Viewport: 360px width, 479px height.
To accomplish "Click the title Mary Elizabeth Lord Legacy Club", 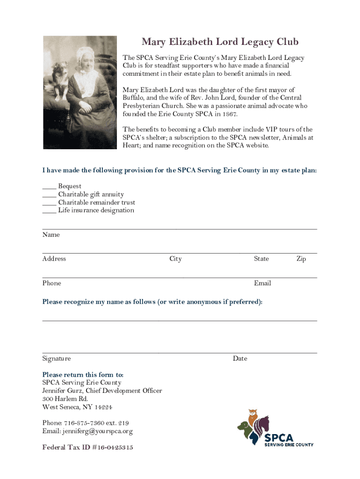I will (220, 43).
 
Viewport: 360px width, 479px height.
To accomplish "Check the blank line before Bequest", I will (49, 187).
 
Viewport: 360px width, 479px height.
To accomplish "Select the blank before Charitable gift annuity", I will (49, 195).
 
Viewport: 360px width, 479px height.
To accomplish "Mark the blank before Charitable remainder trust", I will (49, 203).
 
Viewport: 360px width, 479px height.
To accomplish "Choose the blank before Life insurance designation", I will (49, 210).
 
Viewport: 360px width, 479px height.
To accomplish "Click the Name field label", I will (51, 235).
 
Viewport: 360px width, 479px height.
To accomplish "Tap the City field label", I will (175, 259).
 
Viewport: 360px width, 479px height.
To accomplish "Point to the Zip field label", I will (301, 259).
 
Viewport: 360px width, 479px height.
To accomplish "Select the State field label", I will (261, 259).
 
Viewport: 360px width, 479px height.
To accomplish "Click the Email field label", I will (262, 283).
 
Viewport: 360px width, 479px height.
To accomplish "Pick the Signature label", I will (57, 359).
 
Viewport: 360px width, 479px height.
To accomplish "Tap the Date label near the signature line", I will (240, 359).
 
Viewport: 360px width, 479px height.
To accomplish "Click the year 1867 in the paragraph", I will (227, 114).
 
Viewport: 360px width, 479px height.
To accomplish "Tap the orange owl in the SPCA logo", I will (253, 418).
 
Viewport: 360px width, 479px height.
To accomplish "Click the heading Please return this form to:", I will (83, 375).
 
